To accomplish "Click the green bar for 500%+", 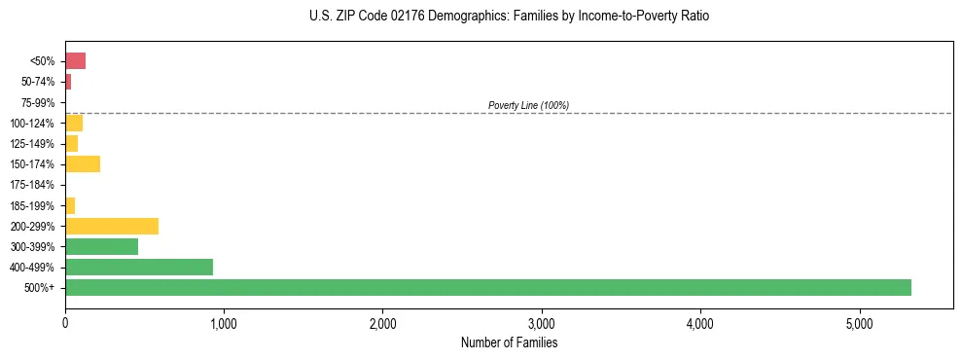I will click(x=487, y=287).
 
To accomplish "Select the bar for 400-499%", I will click(x=139, y=267).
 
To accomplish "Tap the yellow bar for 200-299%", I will click(x=112, y=226).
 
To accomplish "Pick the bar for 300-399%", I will click(x=101, y=246).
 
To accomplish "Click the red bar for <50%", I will click(x=75, y=61).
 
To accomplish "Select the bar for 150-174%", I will click(x=83, y=163).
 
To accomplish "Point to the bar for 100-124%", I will click(x=74, y=123).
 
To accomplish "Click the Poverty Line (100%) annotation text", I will click(x=528, y=105).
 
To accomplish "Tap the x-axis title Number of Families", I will click(x=509, y=342).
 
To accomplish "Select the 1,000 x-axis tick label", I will click(x=224, y=323).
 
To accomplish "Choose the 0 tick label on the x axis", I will click(x=65, y=323).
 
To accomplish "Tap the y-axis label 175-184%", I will click(x=35, y=185).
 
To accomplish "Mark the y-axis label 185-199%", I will click(x=35, y=205).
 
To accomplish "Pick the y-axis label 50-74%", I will click(x=38, y=82).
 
